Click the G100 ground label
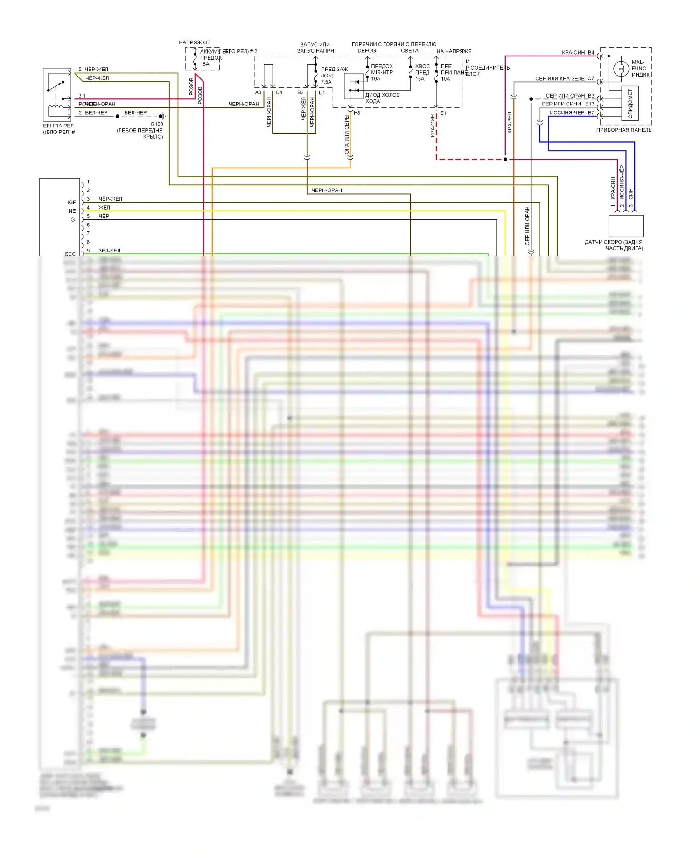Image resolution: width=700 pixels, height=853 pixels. (x=157, y=124)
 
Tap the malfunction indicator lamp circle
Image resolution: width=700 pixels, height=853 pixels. (x=621, y=69)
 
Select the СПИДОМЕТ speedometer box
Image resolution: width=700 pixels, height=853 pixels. (x=630, y=104)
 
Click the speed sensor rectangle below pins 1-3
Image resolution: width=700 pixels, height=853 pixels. (x=626, y=226)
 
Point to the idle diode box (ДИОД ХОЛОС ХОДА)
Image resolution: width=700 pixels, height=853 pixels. (x=353, y=86)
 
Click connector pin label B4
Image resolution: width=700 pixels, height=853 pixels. (x=591, y=52)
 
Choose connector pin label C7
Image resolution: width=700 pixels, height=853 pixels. (x=591, y=78)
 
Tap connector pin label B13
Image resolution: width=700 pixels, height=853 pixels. (x=590, y=104)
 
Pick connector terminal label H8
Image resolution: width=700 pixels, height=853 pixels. (x=357, y=113)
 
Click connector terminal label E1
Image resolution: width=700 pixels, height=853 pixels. (x=443, y=113)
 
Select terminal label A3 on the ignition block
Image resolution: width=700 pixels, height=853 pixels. (x=258, y=92)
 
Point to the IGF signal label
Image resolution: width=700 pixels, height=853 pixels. (x=71, y=202)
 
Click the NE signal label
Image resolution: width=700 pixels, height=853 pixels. (x=72, y=211)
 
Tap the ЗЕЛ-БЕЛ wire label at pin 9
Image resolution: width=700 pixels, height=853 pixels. (x=109, y=251)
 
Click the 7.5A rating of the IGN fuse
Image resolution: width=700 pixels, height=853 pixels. (x=326, y=82)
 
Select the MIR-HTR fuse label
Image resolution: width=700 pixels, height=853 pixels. (x=382, y=72)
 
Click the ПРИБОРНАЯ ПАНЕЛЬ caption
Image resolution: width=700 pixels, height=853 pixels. (x=623, y=130)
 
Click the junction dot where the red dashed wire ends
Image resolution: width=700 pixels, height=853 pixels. (x=505, y=159)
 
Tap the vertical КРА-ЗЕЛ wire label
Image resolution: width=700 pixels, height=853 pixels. (x=510, y=122)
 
